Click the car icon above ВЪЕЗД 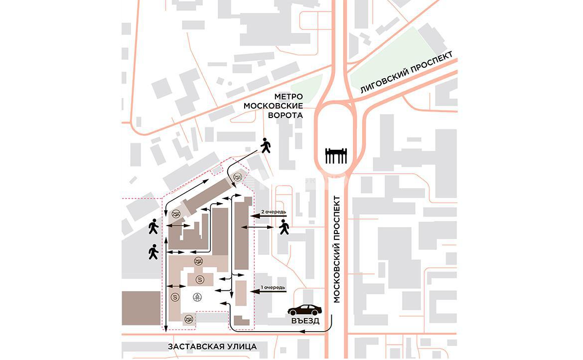304,310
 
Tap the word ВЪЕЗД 305,321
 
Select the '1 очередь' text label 274,287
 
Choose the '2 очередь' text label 274,212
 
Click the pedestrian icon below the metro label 265,145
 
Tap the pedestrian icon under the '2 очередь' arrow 284,227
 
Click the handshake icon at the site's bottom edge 188,319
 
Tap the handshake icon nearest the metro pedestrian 238,176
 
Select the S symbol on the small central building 199,278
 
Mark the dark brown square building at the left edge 141,309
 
